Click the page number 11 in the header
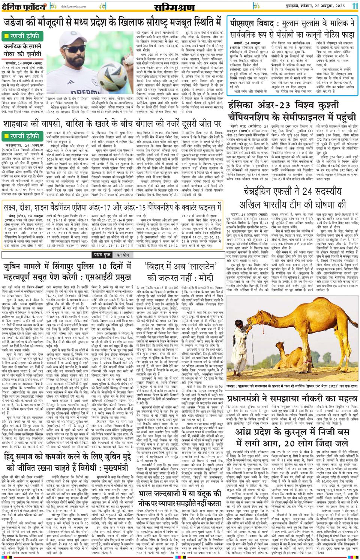[x=354, y=6]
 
